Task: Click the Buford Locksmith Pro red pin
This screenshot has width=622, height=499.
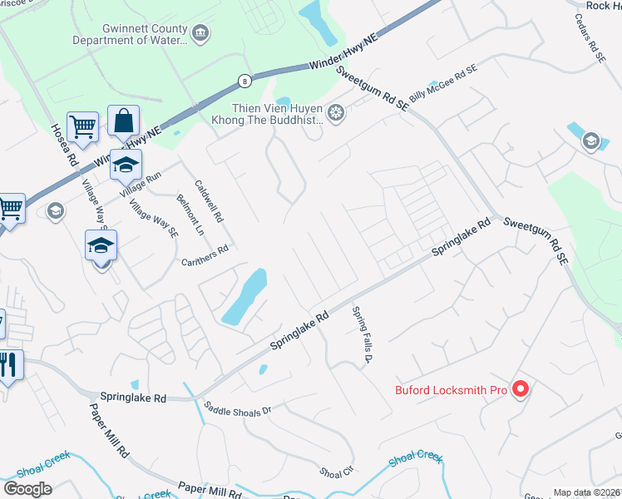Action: pyautogui.click(x=521, y=388)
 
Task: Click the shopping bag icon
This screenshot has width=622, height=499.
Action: pyautogui.click(x=123, y=122)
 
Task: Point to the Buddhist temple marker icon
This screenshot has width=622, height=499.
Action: pyautogui.click(x=336, y=113)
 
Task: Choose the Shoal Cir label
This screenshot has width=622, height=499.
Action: pyautogui.click(x=337, y=472)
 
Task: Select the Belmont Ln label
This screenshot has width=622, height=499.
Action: pyautogui.click(x=185, y=215)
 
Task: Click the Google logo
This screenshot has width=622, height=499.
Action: pyautogui.click(x=27, y=489)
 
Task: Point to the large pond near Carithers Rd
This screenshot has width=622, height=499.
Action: pyautogui.click(x=244, y=297)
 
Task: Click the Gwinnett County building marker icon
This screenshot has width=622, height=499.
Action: pyautogui.click(x=200, y=34)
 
